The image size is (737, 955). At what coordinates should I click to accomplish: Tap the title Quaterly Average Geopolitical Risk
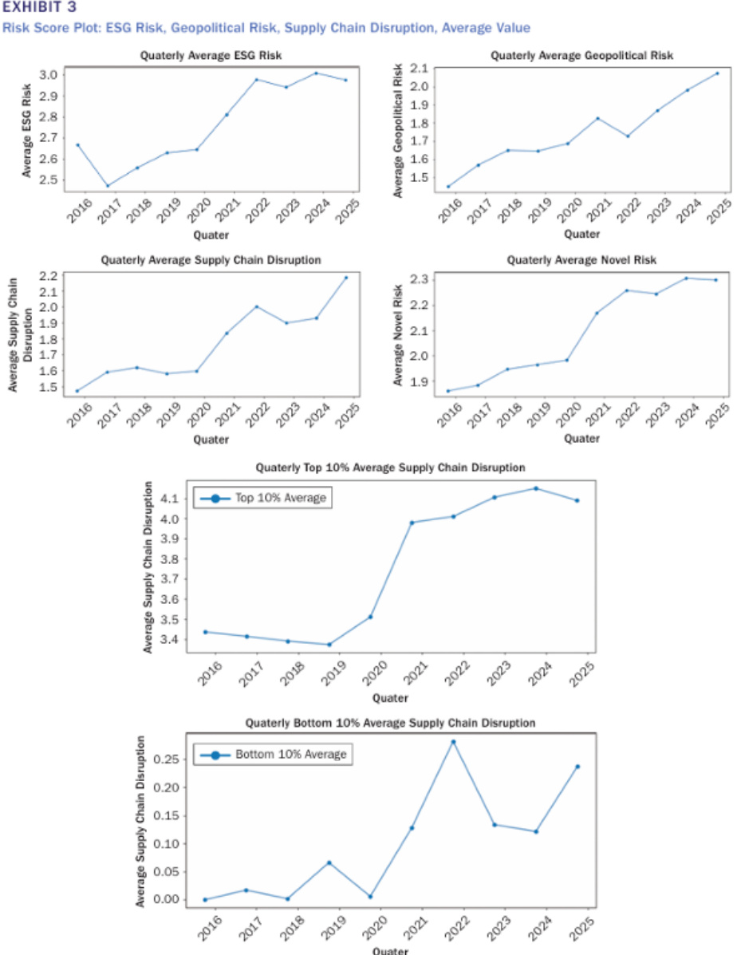point(581,56)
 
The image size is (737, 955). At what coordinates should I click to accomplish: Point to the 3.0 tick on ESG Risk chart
point(49,75)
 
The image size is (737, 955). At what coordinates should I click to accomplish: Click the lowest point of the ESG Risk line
point(108,186)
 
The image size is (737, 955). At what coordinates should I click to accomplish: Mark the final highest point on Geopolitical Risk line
point(717,73)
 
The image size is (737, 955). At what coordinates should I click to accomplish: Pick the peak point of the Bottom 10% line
point(453,741)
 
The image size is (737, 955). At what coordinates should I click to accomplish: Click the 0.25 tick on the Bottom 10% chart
point(167,759)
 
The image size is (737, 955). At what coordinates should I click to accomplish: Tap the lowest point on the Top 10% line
point(329,645)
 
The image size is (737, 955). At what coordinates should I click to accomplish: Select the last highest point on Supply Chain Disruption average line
point(346,278)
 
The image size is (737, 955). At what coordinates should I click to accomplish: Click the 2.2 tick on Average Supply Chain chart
point(49,277)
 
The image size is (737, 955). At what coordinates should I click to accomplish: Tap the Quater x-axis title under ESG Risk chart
point(211,235)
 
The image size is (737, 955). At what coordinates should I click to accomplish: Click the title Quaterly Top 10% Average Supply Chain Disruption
point(390,466)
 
